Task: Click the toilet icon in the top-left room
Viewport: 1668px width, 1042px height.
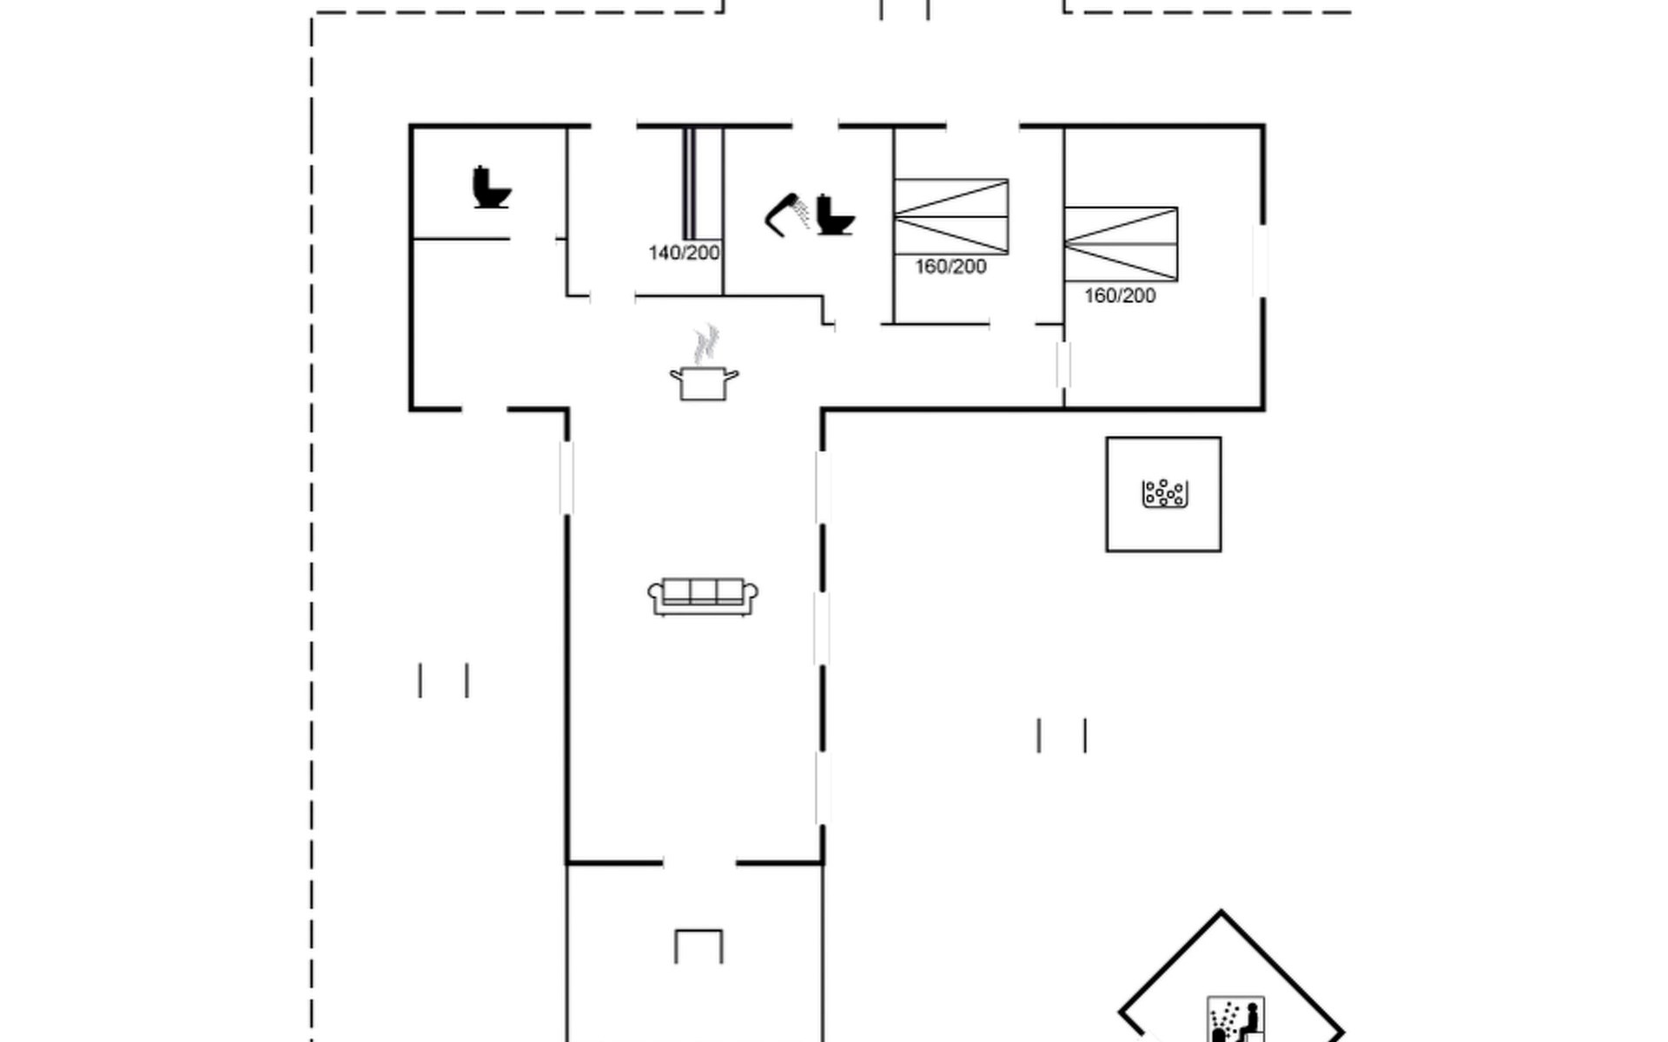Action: click(x=492, y=187)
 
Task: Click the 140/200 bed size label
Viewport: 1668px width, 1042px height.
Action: click(x=684, y=253)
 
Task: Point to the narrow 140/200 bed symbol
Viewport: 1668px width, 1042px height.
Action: click(x=689, y=183)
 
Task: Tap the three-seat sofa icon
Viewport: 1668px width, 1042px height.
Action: click(x=703, y=597)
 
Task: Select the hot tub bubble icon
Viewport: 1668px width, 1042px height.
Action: click(x=1164, y=493)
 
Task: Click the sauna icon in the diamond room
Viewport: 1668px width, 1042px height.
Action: click(x=1235, y=1019)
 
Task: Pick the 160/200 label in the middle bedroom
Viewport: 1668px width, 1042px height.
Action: click(x=950, y=267)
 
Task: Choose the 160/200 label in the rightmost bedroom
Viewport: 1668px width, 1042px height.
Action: click(x=1120, y=295)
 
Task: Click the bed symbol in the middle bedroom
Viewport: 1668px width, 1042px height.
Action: click(x=951, y=216)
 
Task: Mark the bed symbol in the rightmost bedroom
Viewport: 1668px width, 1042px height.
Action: click(x=1121, y=244)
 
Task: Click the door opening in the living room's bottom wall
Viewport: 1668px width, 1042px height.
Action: click(x=699, y=863)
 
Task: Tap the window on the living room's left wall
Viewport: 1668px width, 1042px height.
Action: click(x=566, y=478)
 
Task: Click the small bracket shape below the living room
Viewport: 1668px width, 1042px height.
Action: click(x=698, y=946)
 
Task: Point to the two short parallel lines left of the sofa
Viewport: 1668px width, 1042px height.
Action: click(x=444, y=680)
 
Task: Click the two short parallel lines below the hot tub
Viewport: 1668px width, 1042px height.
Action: click(x=1062, y=735)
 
